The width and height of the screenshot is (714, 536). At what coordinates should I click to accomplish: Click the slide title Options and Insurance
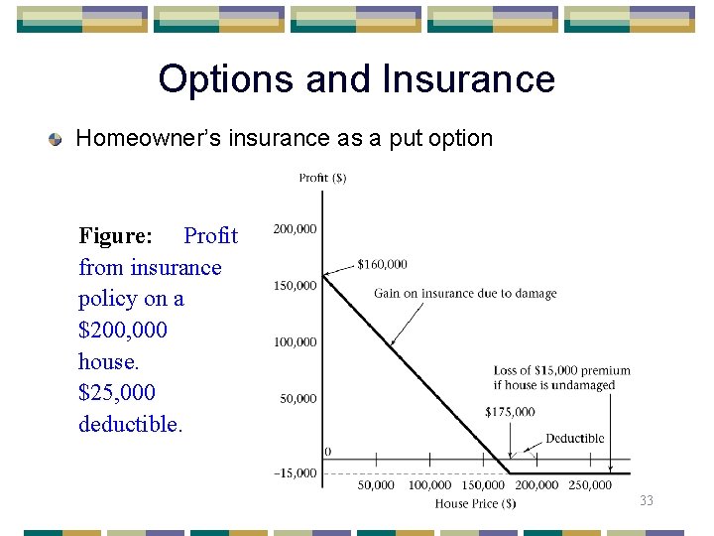point(356,79)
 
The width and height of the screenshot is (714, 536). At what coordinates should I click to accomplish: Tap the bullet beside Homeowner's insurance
point(58,139)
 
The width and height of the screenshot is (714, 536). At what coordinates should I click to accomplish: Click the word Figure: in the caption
point(116,236)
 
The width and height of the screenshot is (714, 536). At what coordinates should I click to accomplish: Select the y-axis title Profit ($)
point(322,178)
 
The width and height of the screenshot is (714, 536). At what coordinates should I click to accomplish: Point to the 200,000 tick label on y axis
point(295,229)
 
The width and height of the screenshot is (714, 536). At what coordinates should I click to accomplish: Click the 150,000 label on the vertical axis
point(295,286)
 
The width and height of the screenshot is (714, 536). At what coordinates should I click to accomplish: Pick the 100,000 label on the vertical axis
point(295,342)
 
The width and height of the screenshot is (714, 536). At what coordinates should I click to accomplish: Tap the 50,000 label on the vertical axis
point(297,399)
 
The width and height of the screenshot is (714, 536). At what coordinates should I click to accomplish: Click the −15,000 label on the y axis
point(295,473)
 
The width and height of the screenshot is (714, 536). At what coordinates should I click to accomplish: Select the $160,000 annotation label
point(382,264)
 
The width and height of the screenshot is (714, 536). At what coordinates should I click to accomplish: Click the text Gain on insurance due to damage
point(465,294)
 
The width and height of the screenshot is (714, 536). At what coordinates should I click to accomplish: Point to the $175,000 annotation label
point(510,412)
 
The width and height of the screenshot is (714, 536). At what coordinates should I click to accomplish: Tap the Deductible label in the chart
point(574,439)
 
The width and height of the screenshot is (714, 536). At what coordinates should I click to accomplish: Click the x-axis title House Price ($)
point(475,504)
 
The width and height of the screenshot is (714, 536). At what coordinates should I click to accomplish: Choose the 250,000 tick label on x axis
point(591,485)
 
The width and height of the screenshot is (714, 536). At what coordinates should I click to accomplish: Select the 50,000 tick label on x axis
point(375,485)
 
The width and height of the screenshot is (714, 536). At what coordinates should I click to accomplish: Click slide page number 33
point(647,501)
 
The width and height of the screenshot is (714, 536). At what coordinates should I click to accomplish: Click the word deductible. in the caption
point(130,425)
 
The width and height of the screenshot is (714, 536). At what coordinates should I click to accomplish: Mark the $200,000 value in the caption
point(123,331)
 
